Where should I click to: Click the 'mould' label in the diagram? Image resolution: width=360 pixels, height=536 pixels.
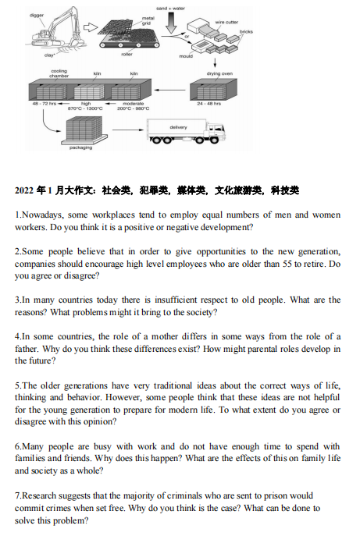pyautogui.click(x=186, y=56)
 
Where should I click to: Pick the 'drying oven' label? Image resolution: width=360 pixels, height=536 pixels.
pyautogui.click(x=219, y=74)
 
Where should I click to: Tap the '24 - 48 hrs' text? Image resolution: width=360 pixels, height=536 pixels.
pyautogui.click(x=209, y=103)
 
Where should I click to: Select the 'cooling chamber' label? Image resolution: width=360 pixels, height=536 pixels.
pyautogui.click(x=59, y=73)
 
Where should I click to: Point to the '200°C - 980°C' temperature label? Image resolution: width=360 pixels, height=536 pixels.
pyautogui.click(x=133, y=108)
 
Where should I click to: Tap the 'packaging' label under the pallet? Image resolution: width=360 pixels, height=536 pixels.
pyautogui.click(x=80, y=147)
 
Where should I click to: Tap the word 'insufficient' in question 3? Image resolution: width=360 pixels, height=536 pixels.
pyautogui.click(x=168, y=300)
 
